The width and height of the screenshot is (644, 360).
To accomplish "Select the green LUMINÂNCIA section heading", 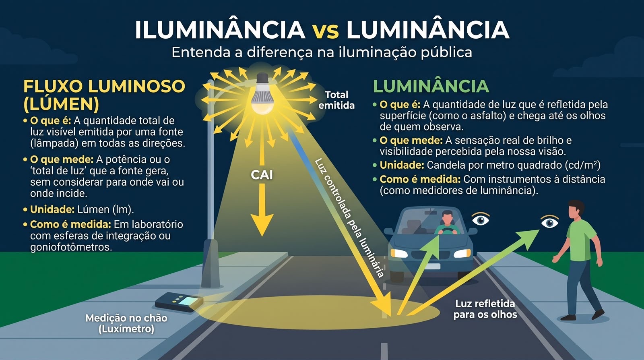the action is tap(431, 86).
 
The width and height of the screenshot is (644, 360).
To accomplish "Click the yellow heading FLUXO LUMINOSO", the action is tap(104, 86).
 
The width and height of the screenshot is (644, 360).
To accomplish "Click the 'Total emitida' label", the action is tap(336, 100).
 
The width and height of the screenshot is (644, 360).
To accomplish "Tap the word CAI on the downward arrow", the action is tap(262, 175).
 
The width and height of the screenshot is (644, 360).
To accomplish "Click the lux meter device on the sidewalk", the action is tap(179, 302).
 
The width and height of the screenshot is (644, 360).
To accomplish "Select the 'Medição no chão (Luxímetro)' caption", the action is tap(126, 323).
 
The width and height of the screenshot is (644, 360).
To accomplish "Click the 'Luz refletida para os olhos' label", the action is tap(485, 309).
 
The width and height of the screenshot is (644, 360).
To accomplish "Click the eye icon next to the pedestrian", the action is tap(549, 222).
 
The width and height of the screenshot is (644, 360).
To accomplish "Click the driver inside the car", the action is tap(447, 223).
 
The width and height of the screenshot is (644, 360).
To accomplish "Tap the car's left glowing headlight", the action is tap(399, 253).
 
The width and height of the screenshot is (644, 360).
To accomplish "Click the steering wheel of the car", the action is tap(447, 230).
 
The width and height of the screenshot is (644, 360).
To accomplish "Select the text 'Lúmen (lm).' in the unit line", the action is tap(105, 209).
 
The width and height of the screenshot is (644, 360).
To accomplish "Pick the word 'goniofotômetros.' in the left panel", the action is tap(71, 247).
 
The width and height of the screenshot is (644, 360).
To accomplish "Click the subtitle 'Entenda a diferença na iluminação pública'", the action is tap(322, 52).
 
